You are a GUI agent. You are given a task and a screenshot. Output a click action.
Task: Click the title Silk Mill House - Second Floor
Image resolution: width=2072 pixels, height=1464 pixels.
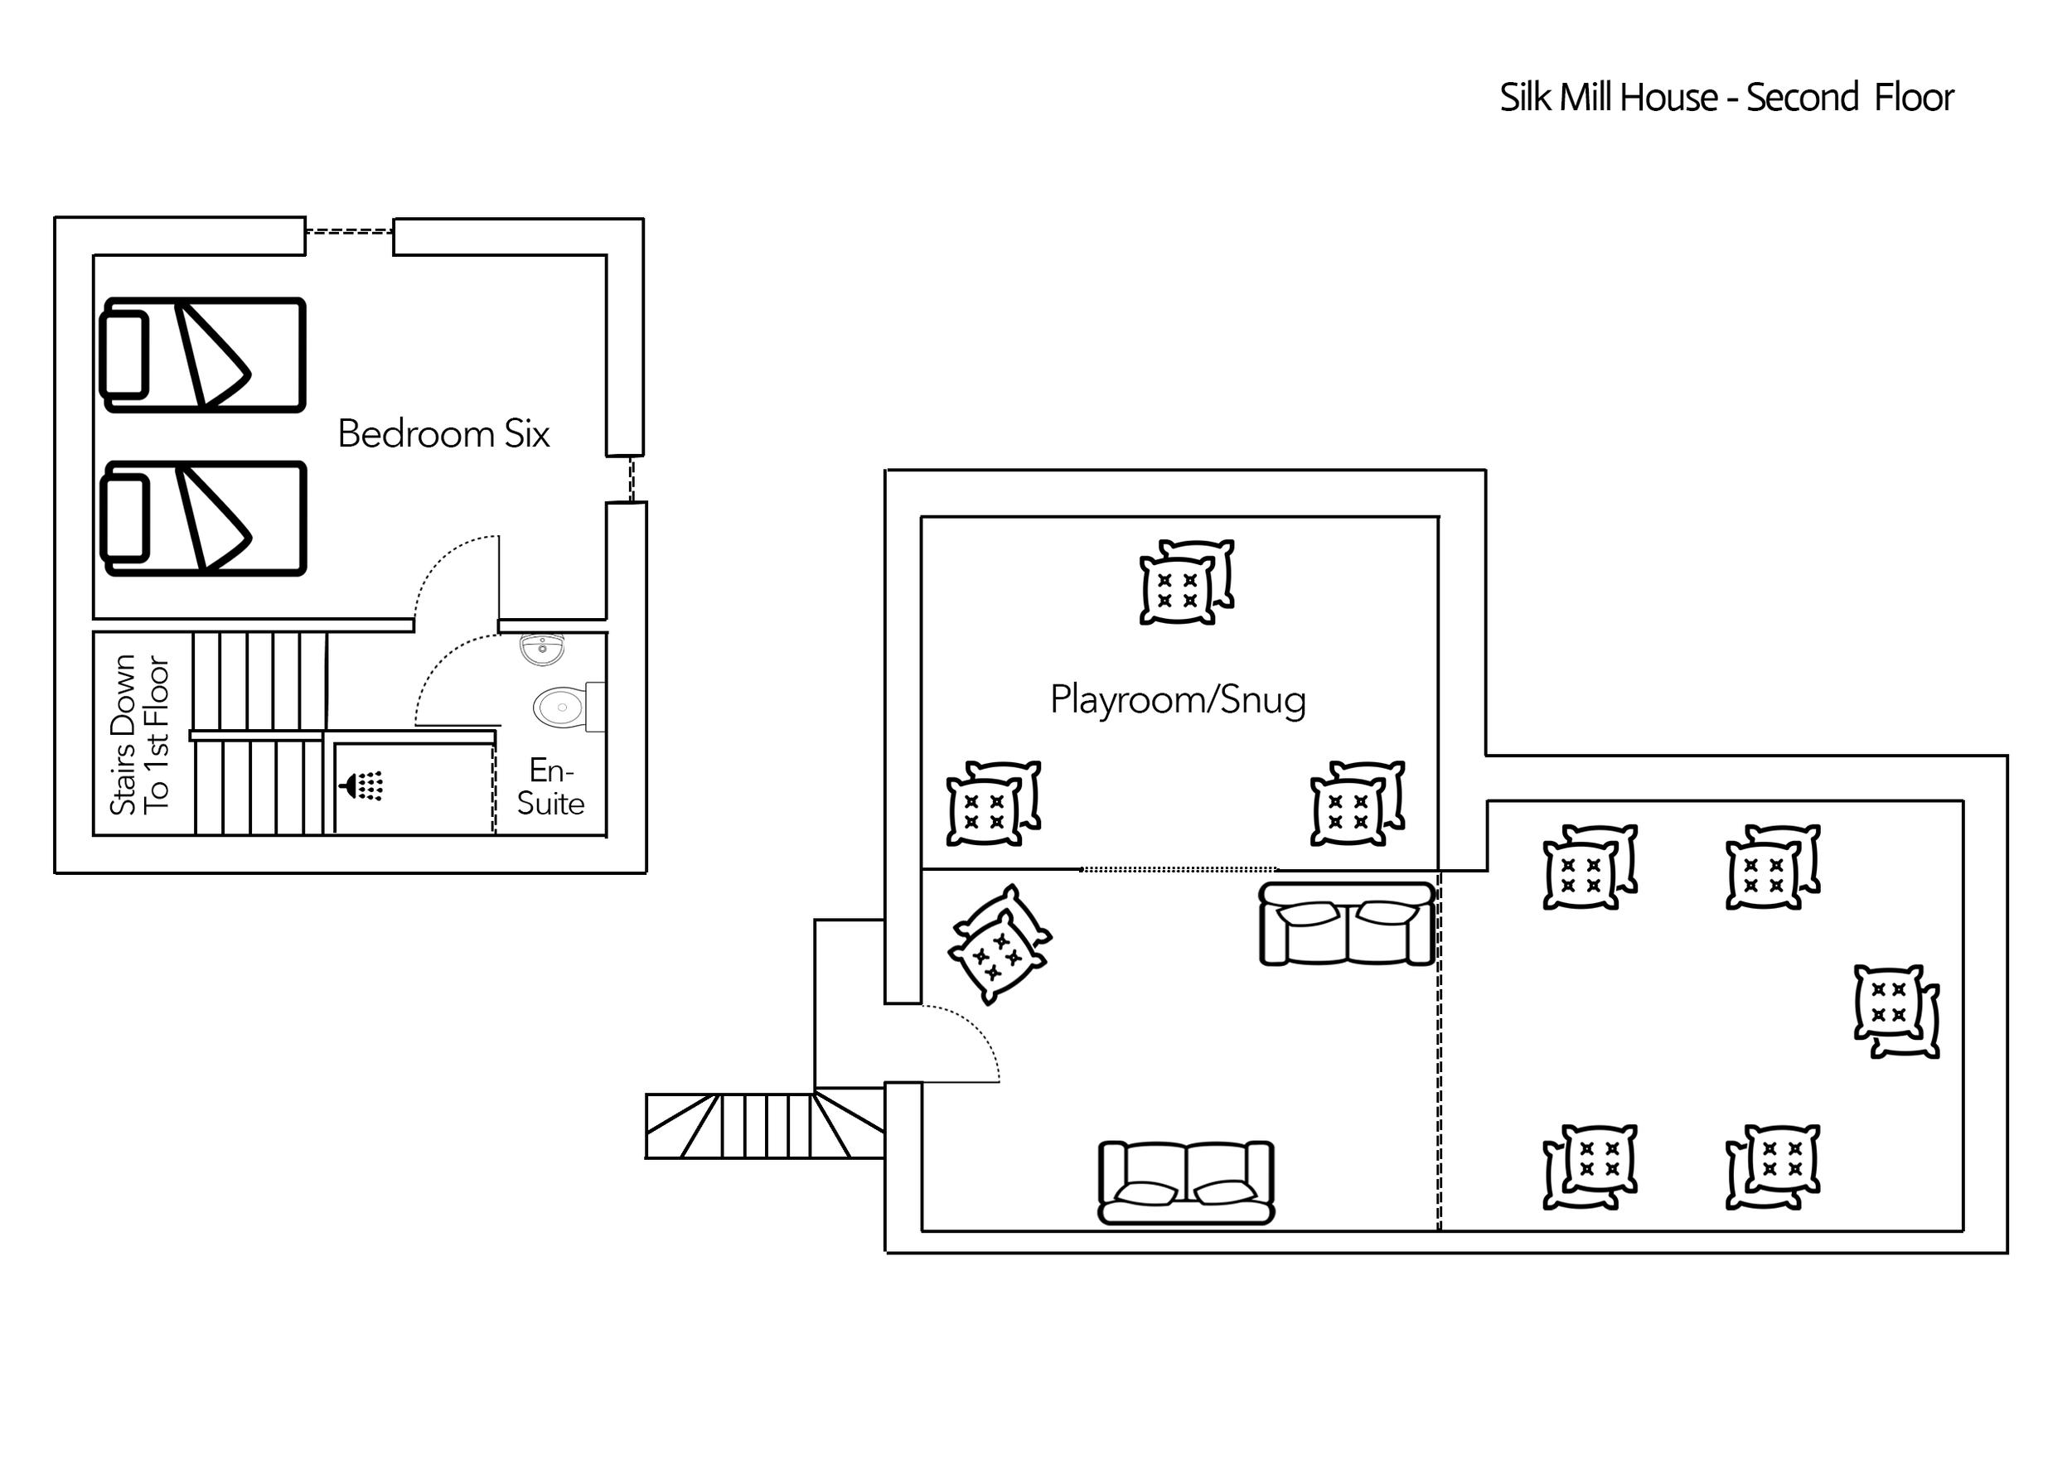(x=1726, y=98)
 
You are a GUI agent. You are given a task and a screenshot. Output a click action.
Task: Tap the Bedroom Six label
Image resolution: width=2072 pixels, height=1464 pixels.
(x=443, y=434)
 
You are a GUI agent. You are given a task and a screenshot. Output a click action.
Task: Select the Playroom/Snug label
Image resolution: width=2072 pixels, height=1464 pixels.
(x=1177, y=700)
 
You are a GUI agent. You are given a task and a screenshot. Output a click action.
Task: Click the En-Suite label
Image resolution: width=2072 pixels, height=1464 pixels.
(x=550, y=786)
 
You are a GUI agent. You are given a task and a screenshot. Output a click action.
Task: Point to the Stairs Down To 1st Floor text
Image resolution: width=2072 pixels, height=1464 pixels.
(x=139, y=734)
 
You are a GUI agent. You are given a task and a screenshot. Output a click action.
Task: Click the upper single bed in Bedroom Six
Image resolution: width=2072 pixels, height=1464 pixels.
(x=204, y=355)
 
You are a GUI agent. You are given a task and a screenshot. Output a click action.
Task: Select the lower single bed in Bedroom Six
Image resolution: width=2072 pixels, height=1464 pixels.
(x=204, y=518)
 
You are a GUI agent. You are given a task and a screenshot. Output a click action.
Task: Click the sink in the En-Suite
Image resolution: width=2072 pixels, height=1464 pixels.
(x=542, y=648)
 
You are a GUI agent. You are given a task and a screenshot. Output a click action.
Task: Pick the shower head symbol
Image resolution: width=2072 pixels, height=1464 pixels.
(x=363, y=785)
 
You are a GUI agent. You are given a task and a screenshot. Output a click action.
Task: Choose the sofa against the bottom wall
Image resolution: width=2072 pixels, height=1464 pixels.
(x=1186, y=1182)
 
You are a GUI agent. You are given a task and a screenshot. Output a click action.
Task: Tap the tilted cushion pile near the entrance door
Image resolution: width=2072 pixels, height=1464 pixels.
(x=999, y=944)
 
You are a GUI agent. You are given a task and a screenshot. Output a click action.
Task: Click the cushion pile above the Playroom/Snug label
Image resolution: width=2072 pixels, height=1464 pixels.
(x=1186, y=582)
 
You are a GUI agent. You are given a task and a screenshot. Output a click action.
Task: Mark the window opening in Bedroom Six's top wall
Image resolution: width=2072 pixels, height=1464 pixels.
(x=349, y=231)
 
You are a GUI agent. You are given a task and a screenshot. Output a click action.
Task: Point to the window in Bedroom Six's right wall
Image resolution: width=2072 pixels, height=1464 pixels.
(x=632, y=479)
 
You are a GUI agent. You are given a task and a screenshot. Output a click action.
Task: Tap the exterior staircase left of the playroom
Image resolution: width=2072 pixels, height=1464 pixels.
(x=763, y=1125)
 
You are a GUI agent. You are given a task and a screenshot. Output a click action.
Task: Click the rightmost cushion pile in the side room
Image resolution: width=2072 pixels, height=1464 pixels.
(x=1895, y=1010)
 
